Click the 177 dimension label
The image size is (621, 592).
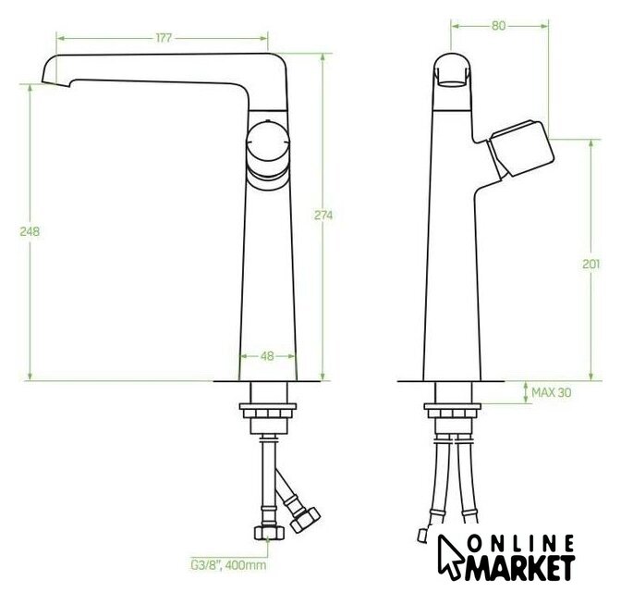click(x=164, y=38)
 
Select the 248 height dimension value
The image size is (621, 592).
click(x=30, y=231)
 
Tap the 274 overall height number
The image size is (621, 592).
click(x=323, y=216)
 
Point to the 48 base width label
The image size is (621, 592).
click(x=267, y=356)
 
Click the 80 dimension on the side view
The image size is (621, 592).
click(x=499, y=26)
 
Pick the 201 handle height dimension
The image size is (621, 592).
click(x=591, y=264)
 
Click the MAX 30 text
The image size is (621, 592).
click(x=552, y=392)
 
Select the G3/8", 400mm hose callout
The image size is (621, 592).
click(x=228, y=564)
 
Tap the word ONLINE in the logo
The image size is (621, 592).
click(x=521, y=544)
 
